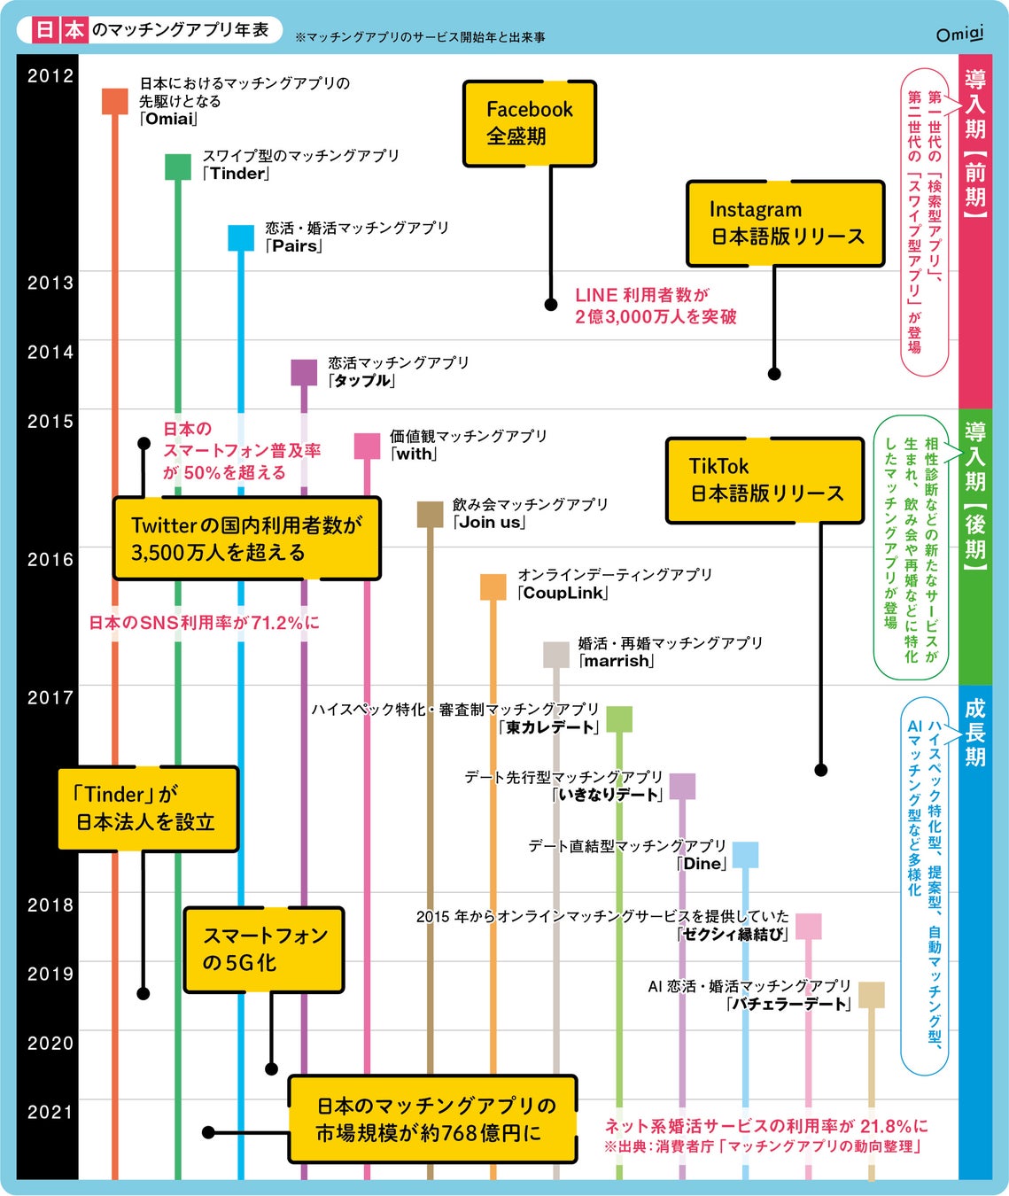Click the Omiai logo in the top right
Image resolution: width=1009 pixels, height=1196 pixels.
[959, 34]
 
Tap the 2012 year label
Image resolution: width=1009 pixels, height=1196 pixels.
[50, 76]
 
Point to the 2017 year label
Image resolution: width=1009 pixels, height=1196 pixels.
[50, 698]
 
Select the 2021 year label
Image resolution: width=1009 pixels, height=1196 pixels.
[50, 1113]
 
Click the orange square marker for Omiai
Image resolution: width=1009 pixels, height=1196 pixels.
[115, 101]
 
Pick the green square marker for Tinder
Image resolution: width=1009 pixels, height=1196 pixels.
[178, 167]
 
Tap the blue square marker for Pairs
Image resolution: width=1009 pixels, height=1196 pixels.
[241, 237]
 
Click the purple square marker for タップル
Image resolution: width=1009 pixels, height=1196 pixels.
[304, 372]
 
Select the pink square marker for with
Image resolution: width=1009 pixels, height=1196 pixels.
[367, 446]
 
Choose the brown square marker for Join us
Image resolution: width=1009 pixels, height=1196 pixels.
[430, 515]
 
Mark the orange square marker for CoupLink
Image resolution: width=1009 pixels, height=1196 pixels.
[493, 586]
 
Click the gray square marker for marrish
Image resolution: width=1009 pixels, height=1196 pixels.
[555, 655]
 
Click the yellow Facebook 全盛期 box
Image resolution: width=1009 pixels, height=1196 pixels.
[530, 123]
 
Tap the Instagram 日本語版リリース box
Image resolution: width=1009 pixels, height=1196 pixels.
[786, 223]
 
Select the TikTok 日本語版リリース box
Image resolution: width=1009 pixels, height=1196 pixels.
[765, 479]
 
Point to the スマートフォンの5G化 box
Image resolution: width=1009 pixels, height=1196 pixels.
[264, 950]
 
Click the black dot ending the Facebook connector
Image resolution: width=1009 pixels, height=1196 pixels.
[551, 305]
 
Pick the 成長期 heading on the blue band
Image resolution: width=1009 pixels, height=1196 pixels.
[975, 732]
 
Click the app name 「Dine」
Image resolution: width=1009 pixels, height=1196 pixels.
[702, 864]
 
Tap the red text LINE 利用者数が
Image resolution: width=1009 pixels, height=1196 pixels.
[642, 295]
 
